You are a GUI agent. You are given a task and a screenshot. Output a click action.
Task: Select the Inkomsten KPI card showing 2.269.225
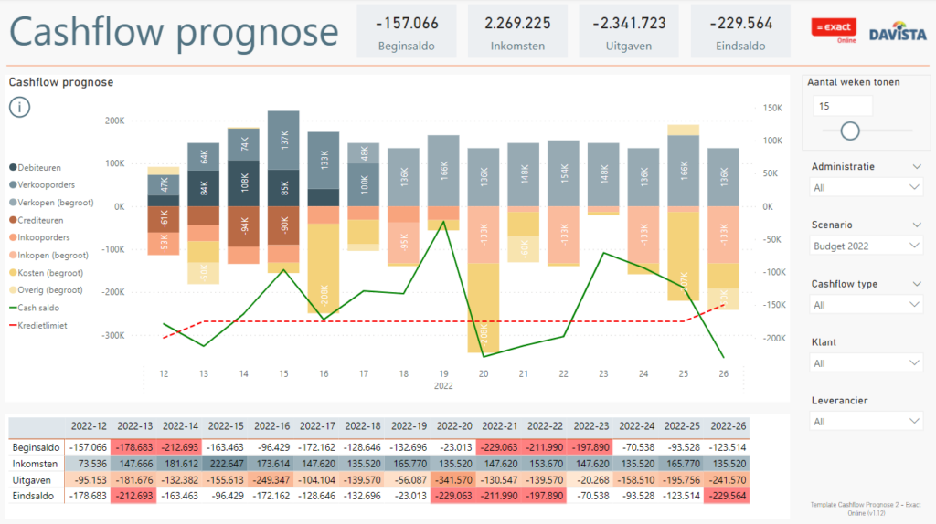[517, 31]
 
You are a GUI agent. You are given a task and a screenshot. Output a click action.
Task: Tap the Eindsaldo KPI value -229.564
[740, 23]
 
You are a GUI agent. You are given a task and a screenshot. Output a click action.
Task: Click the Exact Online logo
[834, 30]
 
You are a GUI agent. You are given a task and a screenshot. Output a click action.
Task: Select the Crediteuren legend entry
[42, 220]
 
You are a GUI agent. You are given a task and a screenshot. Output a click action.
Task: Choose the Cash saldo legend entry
[39, 308]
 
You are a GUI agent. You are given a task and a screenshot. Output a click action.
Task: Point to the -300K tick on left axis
[113, 335]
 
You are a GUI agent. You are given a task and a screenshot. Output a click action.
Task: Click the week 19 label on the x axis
[443, 373]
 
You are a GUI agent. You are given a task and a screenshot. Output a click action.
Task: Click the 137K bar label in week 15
[284, 140]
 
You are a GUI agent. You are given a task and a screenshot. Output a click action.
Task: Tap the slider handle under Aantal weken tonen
[850, 131]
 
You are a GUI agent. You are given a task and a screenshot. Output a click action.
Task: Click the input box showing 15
[842, 106]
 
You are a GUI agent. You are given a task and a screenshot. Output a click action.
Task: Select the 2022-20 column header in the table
[454, 426]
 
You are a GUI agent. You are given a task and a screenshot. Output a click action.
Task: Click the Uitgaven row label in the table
[34, 479]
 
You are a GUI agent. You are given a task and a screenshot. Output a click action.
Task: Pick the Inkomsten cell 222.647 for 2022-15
[226, 464]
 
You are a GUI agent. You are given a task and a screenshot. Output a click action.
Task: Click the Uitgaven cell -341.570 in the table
[454, 479]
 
